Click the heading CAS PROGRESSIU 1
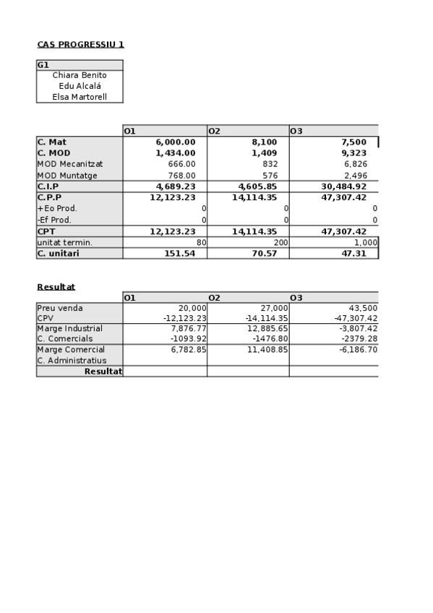click(80, 45)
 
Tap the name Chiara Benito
click(80, 75)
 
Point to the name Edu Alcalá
click(80, 86)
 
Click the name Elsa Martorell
click(80, 97)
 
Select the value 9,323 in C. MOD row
click(353, 153)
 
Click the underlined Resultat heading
click(56, 287)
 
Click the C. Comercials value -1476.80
click(267, 339)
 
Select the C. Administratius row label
click(72, 361)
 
